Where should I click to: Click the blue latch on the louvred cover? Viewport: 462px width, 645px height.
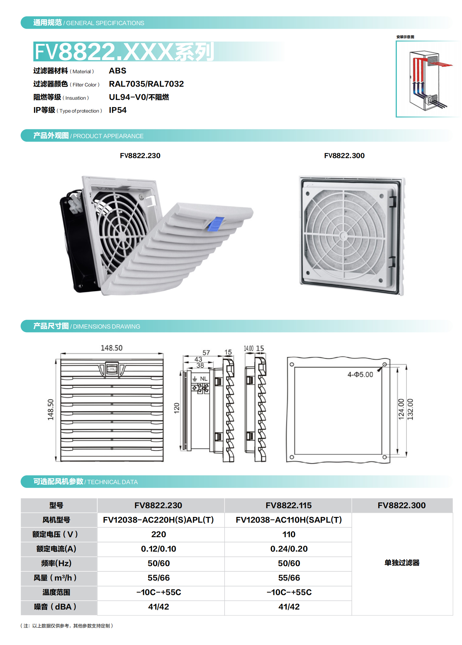tap(216, 224)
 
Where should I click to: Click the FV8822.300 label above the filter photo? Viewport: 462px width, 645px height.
tap(344, 156)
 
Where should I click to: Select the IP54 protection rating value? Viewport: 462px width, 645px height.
tap(118, 110)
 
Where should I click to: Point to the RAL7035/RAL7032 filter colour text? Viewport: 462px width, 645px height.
tap(146, 84)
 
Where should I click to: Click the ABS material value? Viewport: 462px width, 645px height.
tap(117, 71)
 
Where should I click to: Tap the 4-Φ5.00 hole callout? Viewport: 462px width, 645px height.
tap(360, 375)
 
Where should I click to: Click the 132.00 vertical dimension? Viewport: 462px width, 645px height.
tap(410, 409)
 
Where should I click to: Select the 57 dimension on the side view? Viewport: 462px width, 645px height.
tap(206, 353)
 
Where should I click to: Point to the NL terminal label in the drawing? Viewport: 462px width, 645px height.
tap(204, 379)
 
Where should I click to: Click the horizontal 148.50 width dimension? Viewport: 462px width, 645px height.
tap(111, 348)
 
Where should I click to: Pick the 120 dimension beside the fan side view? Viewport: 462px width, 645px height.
tap(177, 408)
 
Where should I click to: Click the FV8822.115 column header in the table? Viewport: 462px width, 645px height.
tap(289, 505)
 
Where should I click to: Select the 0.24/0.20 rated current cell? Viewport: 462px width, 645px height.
tap(289, 549)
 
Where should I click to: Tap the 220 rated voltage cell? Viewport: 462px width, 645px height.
tap(159, 534)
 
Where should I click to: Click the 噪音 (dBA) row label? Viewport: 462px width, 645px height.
tap(55, 607)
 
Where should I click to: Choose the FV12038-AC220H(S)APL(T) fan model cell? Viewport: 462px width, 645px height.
tap(158, 520)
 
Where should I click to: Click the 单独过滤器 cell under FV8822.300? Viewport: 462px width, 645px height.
tap(402, 563)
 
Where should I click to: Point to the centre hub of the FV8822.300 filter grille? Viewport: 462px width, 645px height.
tap(344, 236)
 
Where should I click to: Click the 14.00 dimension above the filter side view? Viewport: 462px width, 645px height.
tap(249, 348)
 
